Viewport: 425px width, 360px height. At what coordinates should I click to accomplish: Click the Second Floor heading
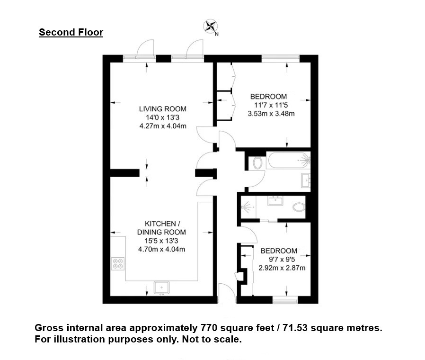(71, 32)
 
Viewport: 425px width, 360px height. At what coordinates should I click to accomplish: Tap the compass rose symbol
(210, 27)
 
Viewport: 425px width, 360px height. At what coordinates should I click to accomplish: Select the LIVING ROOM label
(163, 109)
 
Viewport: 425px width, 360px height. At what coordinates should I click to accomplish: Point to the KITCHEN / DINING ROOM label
(161, 228)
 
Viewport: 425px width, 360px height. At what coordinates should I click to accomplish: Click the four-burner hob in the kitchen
(118, 263)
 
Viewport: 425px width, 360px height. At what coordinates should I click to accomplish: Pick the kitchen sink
(161, 288)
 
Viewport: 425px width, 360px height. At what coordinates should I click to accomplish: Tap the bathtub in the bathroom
(288, 160)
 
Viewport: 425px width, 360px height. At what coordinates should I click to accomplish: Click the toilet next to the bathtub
(257, 163)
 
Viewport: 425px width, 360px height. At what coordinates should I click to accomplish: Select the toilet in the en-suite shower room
(299, 207)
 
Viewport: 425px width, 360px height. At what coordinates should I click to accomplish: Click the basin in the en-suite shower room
(275, 201)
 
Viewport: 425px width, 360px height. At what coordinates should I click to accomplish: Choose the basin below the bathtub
(306, 180)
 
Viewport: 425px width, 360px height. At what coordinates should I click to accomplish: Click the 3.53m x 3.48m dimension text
(271, 114)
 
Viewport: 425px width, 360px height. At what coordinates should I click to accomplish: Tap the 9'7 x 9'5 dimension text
(282, 260)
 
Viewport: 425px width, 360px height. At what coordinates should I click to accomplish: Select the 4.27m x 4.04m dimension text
(163, 126)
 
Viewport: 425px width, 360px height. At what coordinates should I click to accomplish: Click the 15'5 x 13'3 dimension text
(161, 241)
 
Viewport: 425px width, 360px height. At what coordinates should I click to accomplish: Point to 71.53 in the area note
(295, 328)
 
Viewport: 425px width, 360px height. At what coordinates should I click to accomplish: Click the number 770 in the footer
(209, 328)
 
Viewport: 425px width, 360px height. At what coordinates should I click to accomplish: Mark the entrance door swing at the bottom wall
(227, 292)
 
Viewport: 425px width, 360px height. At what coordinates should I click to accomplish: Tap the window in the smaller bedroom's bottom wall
(285, 300)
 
